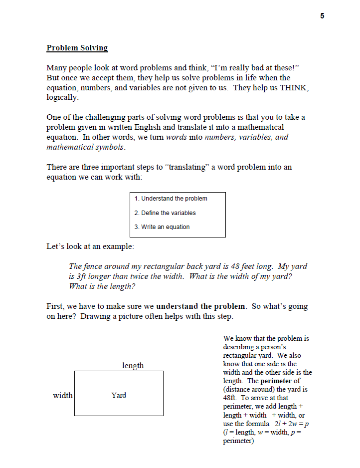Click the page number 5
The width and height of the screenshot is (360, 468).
322,16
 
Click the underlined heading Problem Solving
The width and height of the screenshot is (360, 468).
77,48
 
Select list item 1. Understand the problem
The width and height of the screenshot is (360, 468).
171,199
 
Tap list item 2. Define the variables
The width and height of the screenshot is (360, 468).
165,213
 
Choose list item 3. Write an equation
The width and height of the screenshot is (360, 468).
162,227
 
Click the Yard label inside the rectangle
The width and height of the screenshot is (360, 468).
119,395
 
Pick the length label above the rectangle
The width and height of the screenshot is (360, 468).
133,366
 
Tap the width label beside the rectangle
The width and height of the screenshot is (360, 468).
63,396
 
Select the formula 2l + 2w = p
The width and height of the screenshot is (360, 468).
289,424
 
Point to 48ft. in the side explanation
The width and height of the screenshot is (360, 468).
230,398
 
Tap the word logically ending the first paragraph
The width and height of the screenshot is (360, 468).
62,98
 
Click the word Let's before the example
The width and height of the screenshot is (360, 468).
56,246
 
